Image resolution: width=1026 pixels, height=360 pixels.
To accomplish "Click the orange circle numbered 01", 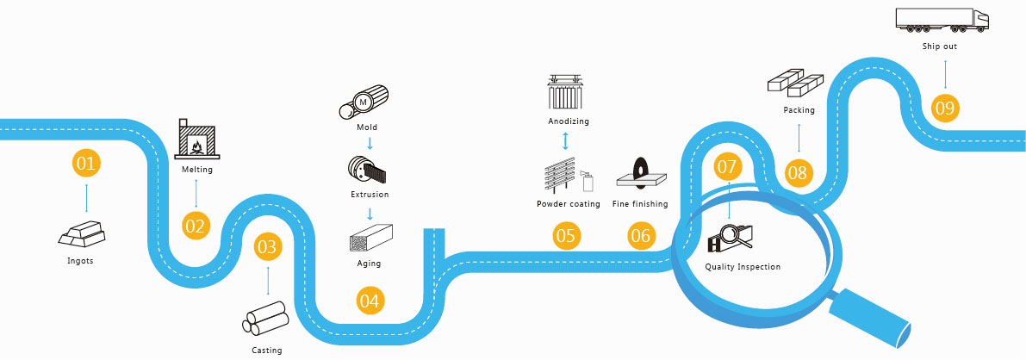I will pyautogui.click(x=86, y=163).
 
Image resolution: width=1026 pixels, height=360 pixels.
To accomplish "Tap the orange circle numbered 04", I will pyautogui.click(x=370, y=301).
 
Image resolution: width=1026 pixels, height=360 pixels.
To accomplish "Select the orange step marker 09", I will pyautogui.click(x=945, y=108).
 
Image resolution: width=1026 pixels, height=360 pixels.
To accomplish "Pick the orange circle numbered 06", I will pyautogui.click(x=640, y=235).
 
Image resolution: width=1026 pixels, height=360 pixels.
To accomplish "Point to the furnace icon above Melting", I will pyautogui.click(x=196, y=139).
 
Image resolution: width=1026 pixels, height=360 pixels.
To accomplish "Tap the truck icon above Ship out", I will pyautogui.click(x=942, y=21).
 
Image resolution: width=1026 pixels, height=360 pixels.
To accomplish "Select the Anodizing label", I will pyautogui.click(x=569, y=121).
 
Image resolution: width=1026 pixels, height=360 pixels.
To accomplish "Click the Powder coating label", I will pyautogui.click(x=568, y=204).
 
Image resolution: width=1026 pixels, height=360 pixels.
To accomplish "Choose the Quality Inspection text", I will pyautogui.click(x=743, y=267).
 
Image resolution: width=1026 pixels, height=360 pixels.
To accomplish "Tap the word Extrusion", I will pyautogui.click(x=370, y=195).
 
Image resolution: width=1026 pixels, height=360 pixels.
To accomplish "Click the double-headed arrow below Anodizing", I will pyautogui.click(x=566, y=140).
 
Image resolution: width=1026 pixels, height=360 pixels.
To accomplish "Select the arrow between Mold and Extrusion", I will pyautogui.click(x=370, y=142).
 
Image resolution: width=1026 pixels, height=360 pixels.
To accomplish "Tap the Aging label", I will pyautogui.click(x=369, y=264).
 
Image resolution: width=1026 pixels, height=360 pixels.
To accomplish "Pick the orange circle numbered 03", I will pyautogui.click(x=268, y=247).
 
